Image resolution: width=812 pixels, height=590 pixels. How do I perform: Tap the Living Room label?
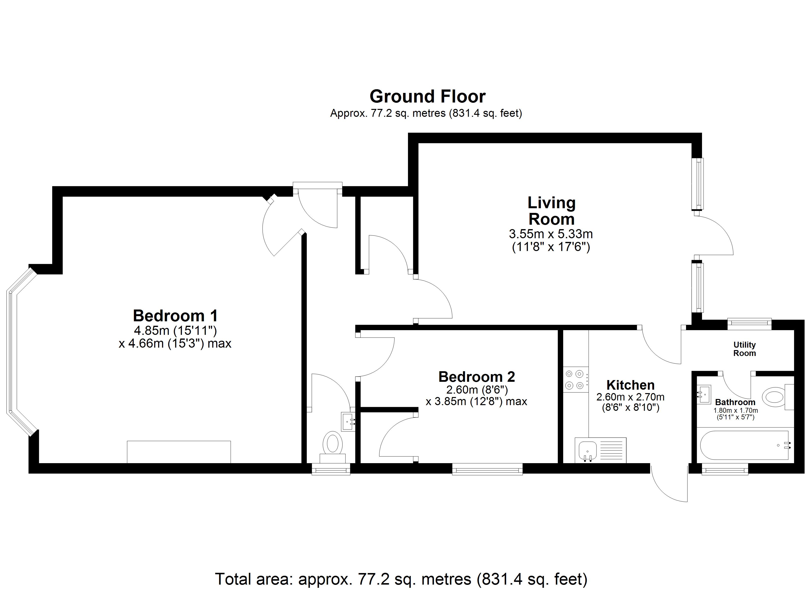551,211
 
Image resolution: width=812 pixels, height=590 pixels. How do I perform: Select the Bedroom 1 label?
175,316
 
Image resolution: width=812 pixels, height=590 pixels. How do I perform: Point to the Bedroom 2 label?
477,377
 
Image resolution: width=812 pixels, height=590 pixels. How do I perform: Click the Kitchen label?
630,385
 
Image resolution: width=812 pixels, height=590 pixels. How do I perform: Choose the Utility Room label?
744,349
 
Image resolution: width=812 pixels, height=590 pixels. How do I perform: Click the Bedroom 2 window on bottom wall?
487,469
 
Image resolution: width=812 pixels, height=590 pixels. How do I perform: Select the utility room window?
749,324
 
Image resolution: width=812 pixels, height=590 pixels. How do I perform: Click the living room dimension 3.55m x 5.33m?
551,234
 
